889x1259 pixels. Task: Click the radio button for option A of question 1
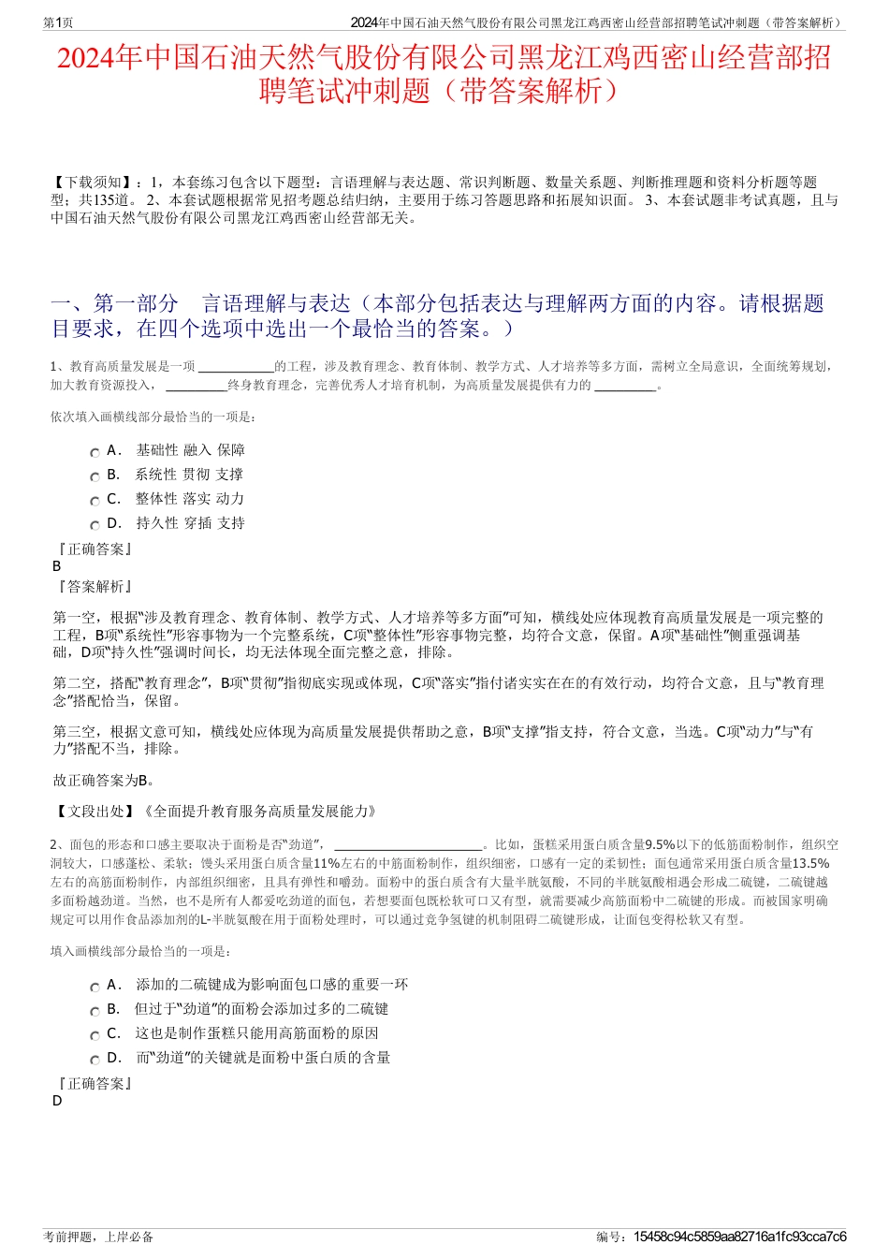click(95, 452)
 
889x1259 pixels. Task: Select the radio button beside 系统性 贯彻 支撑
click(95, 476)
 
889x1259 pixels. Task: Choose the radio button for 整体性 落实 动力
click(95, 501)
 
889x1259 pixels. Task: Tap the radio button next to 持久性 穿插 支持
click(95, 525)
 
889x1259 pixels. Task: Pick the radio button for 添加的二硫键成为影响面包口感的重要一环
click(95, 987)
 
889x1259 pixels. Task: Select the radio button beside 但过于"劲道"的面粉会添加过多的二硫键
click(95, 1011)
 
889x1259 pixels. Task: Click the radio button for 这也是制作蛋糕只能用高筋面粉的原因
click(95, 1035)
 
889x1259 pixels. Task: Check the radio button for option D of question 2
click(95, 1060)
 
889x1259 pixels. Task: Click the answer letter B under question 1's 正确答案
click(57, 566)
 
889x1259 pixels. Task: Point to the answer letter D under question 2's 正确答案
click(57, 1101)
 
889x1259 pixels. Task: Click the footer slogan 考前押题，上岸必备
click(98, 1237)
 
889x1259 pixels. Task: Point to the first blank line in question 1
click(237, 368)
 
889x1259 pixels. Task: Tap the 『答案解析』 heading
click(95, 587)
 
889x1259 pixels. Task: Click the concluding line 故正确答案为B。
click(104, 780)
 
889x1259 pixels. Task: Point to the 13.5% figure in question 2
click(810, 864)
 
